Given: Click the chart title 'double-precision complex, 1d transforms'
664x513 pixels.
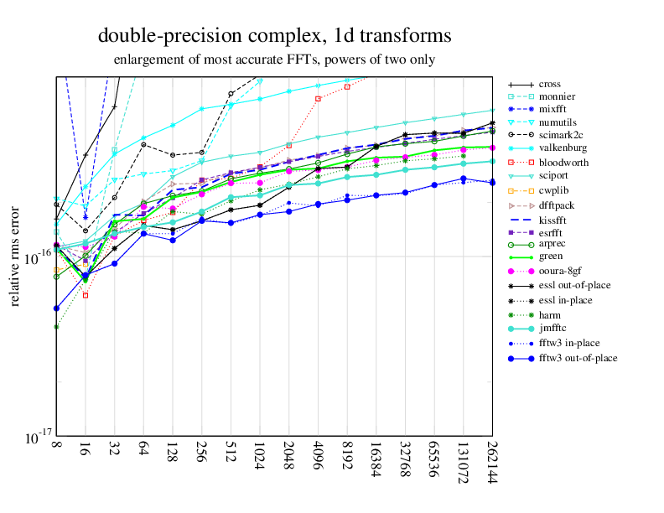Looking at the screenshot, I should click(274, 36).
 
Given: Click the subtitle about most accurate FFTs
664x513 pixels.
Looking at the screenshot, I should click(274, 60).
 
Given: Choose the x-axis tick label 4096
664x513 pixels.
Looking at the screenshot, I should click(318, 463).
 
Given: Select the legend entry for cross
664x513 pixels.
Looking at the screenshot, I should click(550, 84).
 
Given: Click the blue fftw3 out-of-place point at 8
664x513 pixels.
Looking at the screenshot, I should click(56, 308).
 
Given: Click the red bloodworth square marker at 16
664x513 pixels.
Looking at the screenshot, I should click(86, 295).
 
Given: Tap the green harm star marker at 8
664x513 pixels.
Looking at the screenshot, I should click(56, 327).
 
